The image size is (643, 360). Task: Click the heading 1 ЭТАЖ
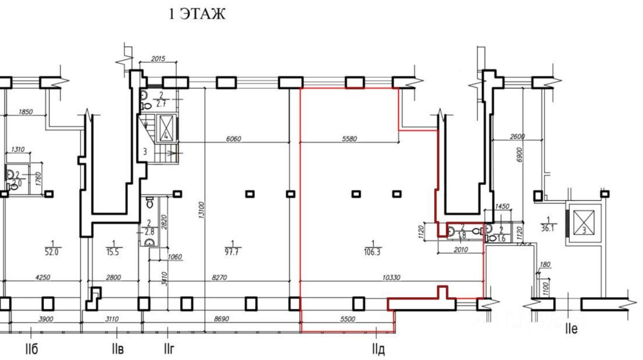point(197,14)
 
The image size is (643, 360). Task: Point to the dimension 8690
point(221,319)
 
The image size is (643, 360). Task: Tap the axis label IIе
point(571,329)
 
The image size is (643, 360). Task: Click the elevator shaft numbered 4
point(166,127)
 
